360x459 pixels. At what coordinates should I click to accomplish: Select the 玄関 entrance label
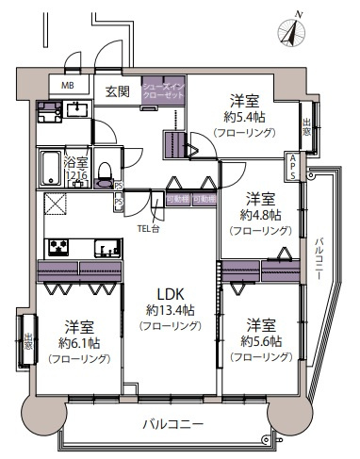point(117,90)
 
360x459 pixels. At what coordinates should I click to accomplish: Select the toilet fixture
point(105,181)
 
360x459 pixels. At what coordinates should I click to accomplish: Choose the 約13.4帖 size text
point(171,309)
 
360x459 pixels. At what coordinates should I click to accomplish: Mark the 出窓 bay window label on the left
point(29,341)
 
